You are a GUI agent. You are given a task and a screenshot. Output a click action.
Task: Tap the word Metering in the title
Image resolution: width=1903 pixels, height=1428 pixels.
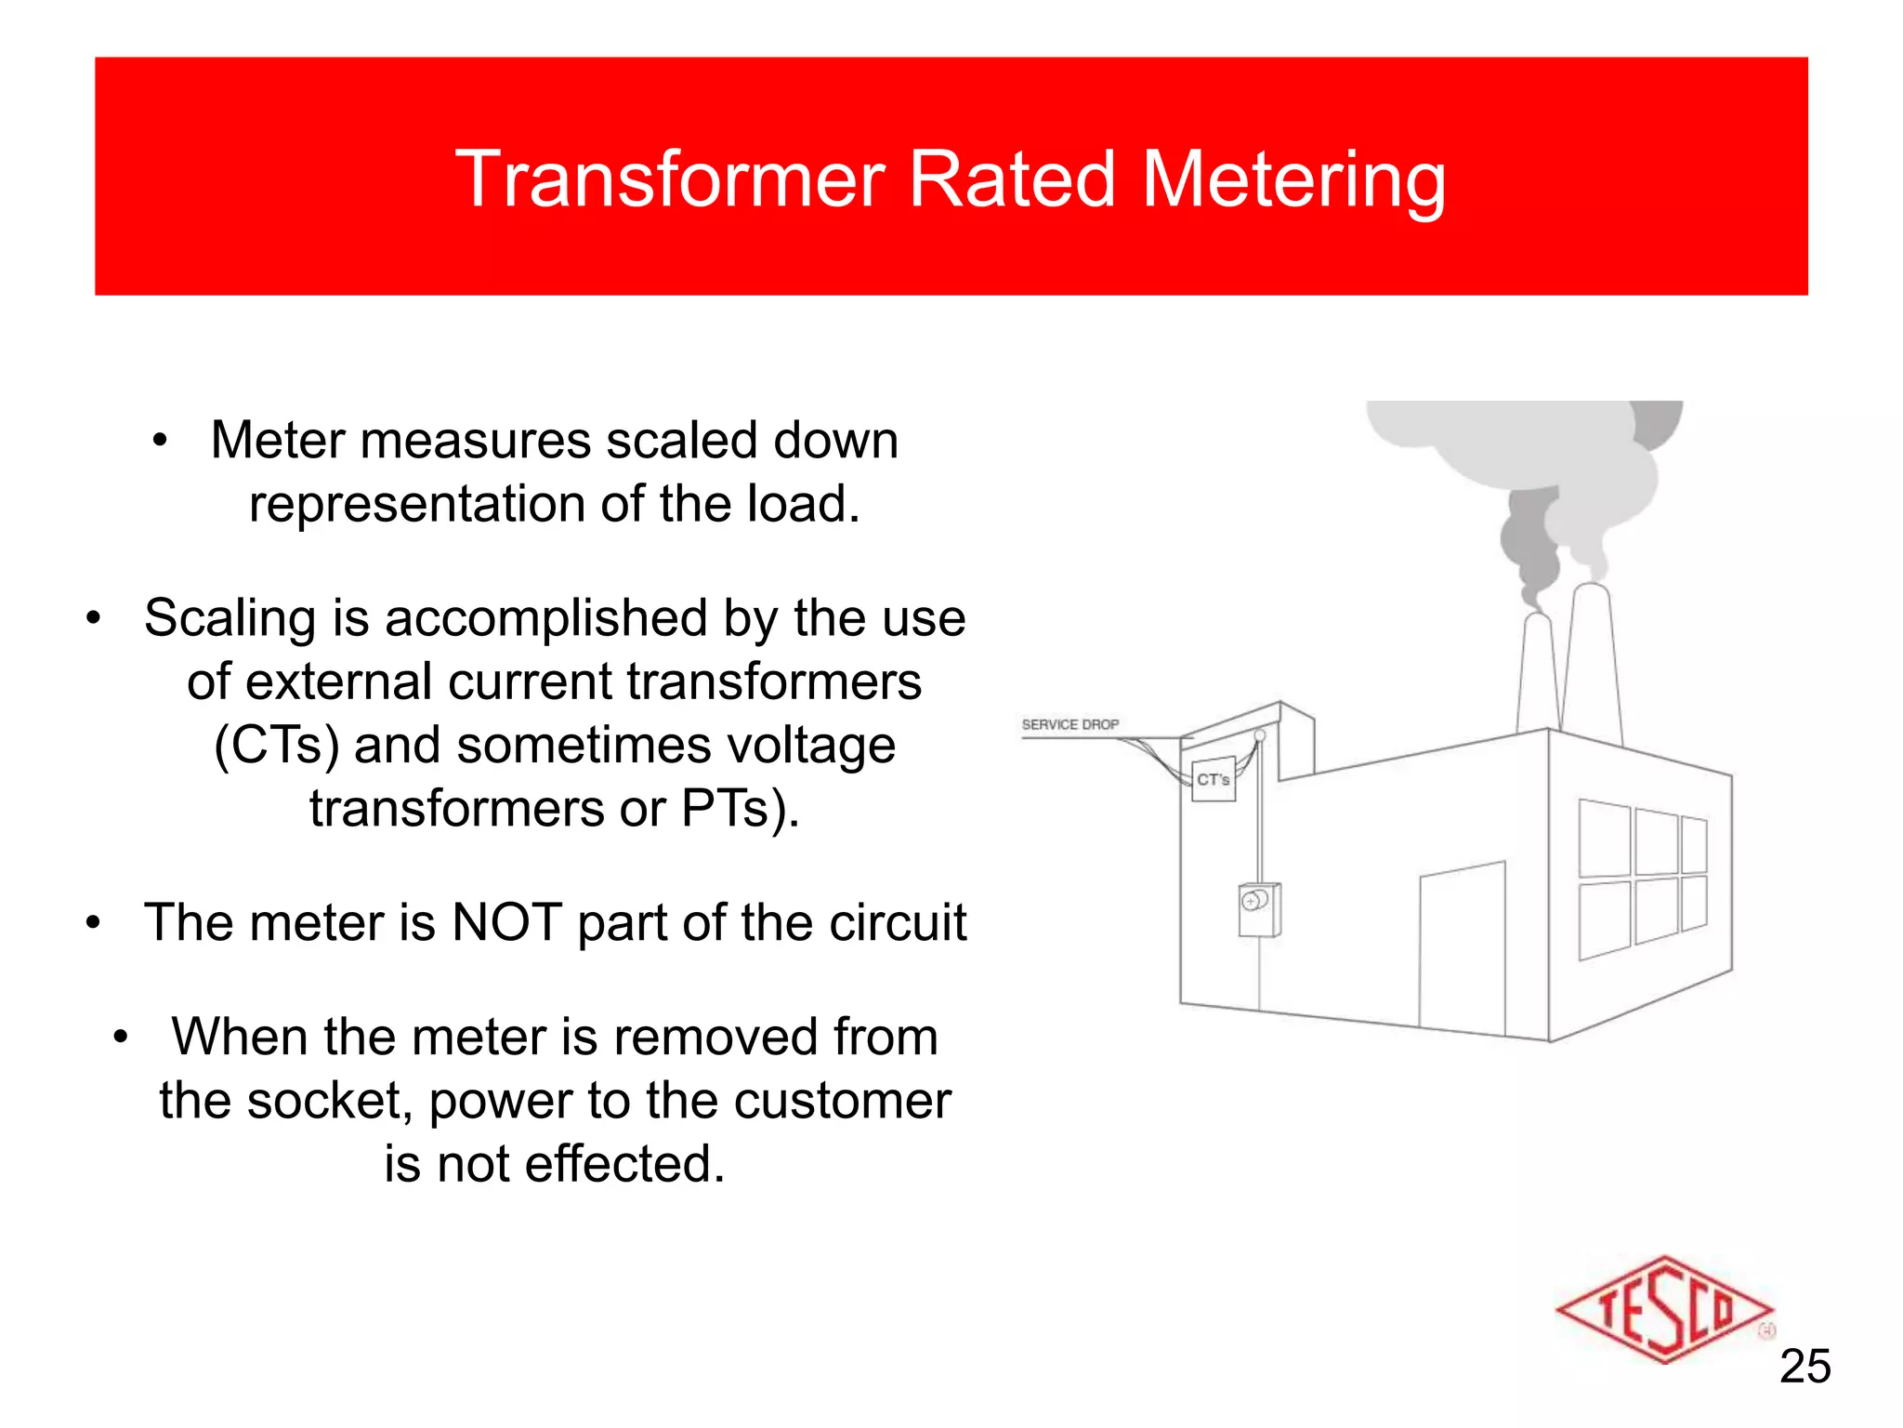pyautogui.click(x=1293, y=180)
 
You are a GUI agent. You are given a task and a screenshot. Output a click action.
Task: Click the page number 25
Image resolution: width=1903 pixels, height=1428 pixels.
pyautogui.click(x=1805, y=1367)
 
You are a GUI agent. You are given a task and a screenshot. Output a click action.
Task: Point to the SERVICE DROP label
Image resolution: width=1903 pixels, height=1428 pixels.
pyautogui.click(x=1070, y=724)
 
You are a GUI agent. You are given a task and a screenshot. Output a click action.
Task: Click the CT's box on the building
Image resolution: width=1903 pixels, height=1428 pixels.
pyautogui.click(x=1214, y=779)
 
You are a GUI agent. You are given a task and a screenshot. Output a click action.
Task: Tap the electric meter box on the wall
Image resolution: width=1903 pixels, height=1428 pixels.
pyautogui.click(x=1259, y=909)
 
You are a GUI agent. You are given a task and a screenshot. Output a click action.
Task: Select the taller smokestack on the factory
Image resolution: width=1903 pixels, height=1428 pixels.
pyautogui.click(x=1592, y=660)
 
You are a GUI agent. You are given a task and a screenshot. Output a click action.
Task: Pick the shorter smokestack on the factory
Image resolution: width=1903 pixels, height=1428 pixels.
pyautogui.click(x=1538, y=674)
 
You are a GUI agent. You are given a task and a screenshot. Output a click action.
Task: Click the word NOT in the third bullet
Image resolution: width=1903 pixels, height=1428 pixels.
pyautogui.click(x=506, y=923)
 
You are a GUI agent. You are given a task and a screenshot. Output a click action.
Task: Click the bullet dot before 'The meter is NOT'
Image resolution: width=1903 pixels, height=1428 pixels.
pyautogui.click(x=93, y=924)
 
